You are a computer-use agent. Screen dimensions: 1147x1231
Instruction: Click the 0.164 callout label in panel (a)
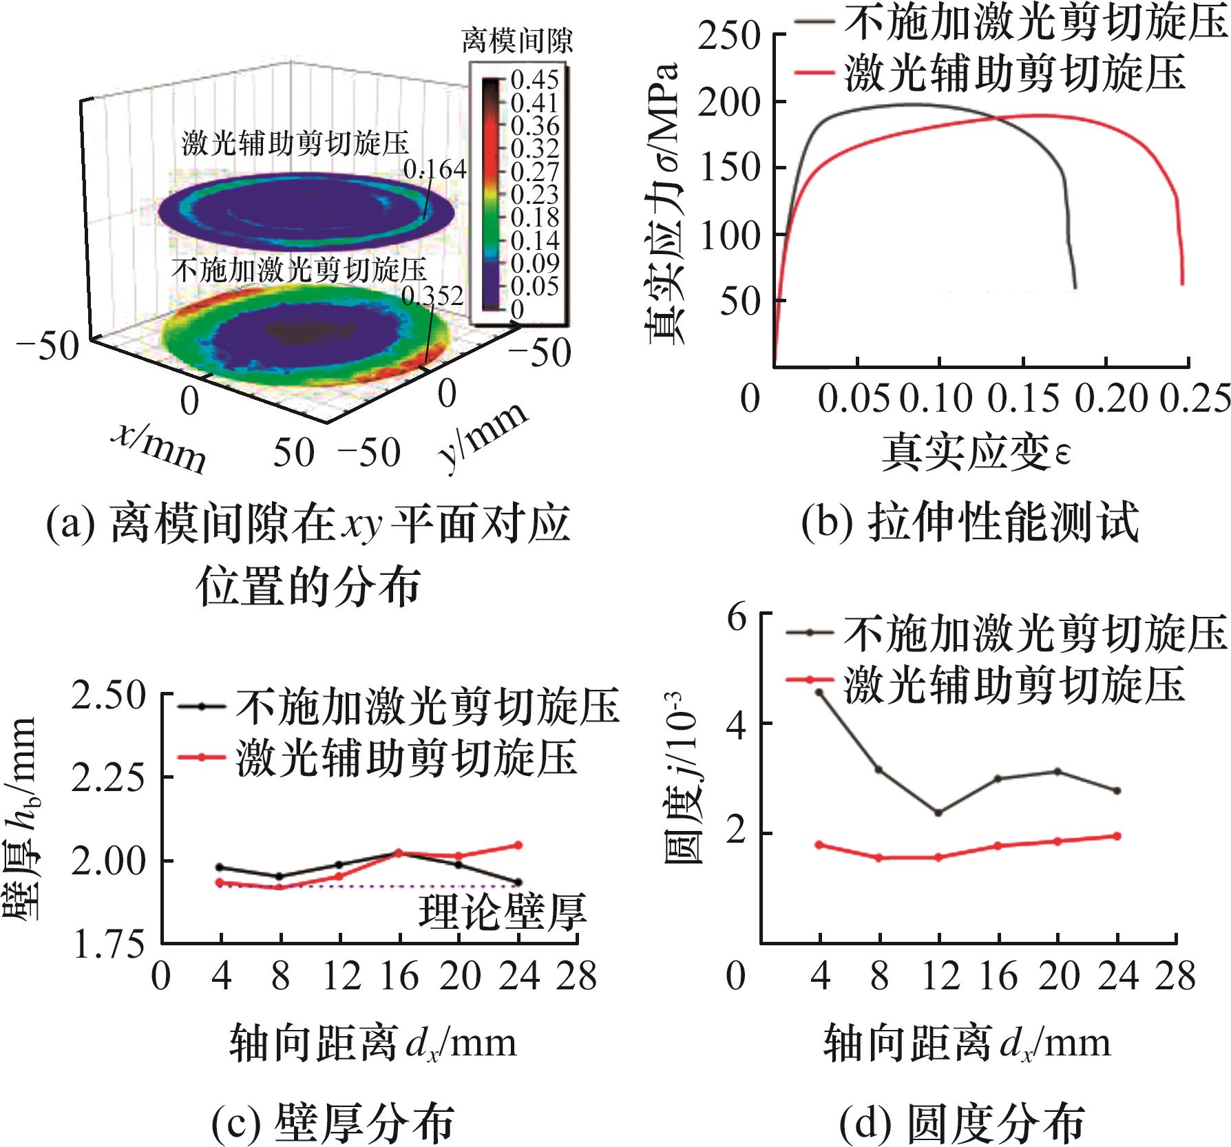[434, 169]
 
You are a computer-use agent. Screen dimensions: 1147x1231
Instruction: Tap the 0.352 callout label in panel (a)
[432, 296]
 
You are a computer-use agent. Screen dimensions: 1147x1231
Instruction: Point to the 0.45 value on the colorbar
[535, 80]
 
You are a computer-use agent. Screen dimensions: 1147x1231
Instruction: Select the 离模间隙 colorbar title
[516, 41]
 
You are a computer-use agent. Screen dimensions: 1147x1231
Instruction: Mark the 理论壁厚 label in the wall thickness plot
[502, 913]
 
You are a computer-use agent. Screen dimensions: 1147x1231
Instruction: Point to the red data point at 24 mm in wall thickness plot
[518, 845]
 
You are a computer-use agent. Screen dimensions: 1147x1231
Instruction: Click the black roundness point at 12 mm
[938, 812]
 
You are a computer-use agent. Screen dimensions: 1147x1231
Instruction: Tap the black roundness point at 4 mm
[819, 692]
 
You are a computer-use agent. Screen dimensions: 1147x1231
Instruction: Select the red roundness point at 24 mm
[1117, 836]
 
